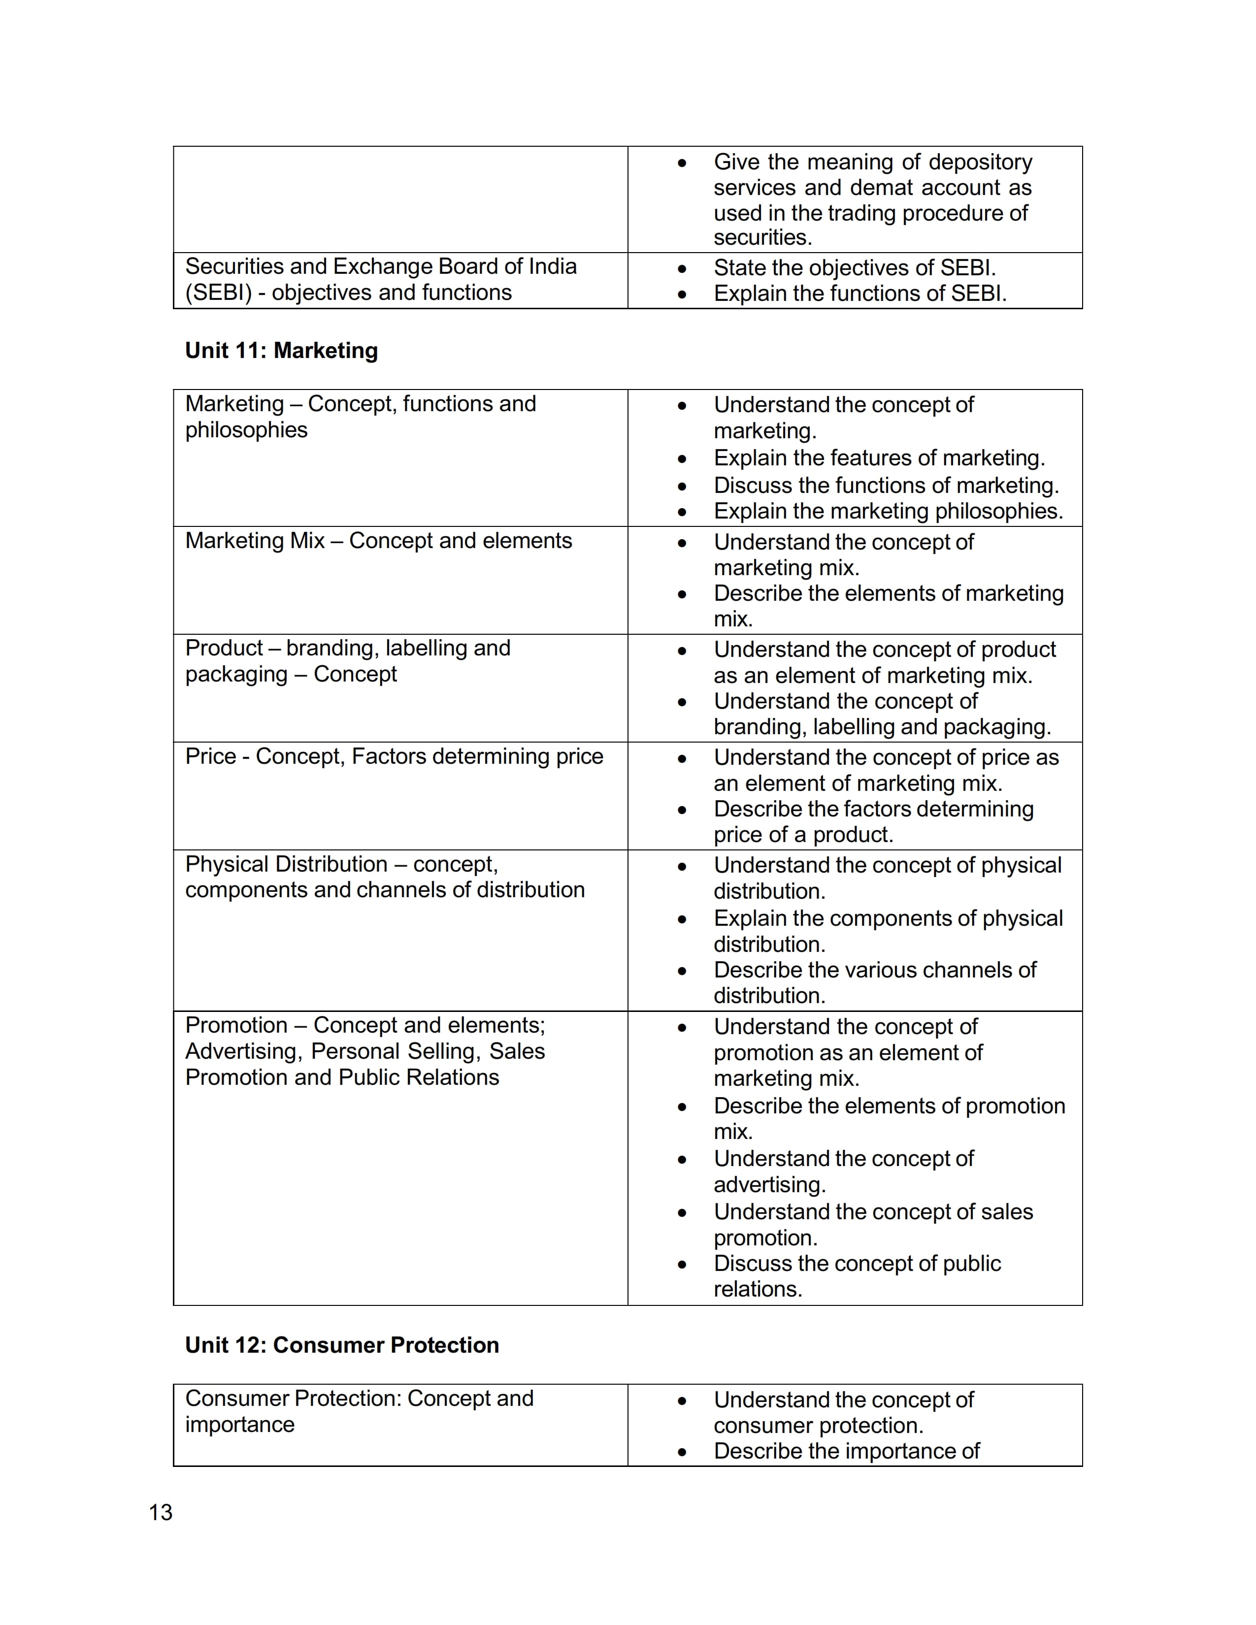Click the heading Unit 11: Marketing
(x=281, y=351)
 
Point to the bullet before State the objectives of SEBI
(x=682, y=268)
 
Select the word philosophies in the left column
(x=246, y=430)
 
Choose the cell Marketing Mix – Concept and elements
(x=379, y=541)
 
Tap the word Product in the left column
(x=223, y=648)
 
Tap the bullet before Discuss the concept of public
(x=682, y=1264)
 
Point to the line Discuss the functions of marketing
(x=886, y=485)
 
